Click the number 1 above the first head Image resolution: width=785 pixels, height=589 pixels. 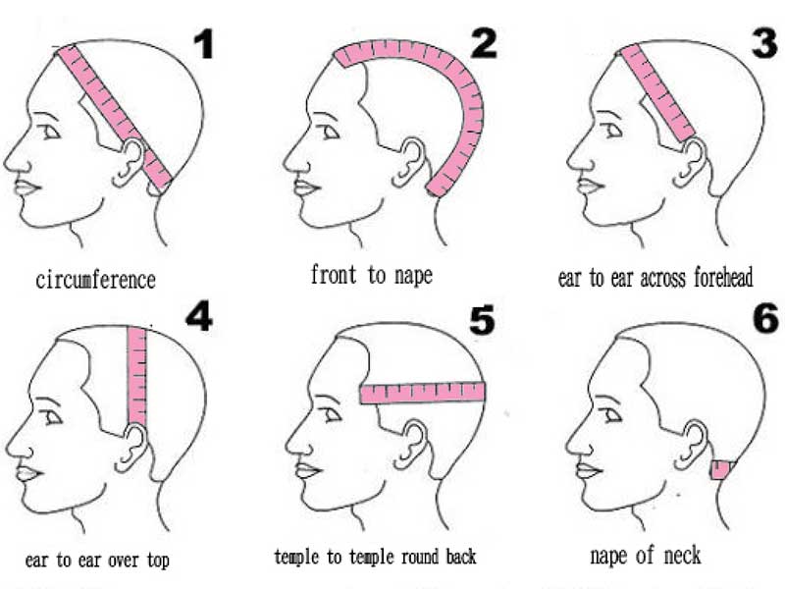point(204,44)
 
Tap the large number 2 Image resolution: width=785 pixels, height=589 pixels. point(484,43)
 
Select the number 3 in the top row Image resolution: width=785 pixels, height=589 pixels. point(764,43)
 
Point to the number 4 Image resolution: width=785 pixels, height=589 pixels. point(199,316)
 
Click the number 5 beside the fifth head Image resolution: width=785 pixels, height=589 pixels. point(482,320)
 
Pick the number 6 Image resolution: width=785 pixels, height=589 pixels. point(766,318)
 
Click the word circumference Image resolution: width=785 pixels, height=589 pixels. point(95,280)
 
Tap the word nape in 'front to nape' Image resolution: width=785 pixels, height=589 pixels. point(413,276)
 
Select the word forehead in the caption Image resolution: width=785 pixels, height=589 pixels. point(723,278)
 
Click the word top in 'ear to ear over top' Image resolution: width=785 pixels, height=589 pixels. point(158,560)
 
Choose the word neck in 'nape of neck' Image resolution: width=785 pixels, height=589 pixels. point(682,556)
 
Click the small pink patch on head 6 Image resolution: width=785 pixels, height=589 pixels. point(721,470)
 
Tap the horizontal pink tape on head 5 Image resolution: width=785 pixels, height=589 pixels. point(423,393)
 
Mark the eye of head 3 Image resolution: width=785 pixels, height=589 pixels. point(614,132)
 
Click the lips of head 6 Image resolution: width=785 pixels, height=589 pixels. point(588,471)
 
